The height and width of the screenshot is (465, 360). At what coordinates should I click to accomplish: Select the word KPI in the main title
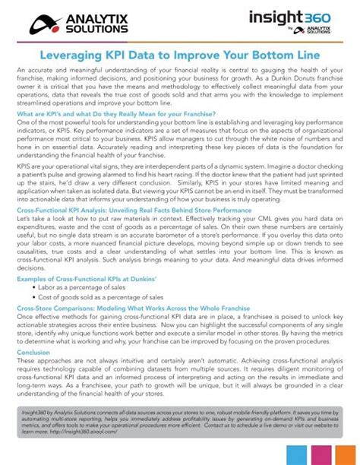click(x=147, y=55)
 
